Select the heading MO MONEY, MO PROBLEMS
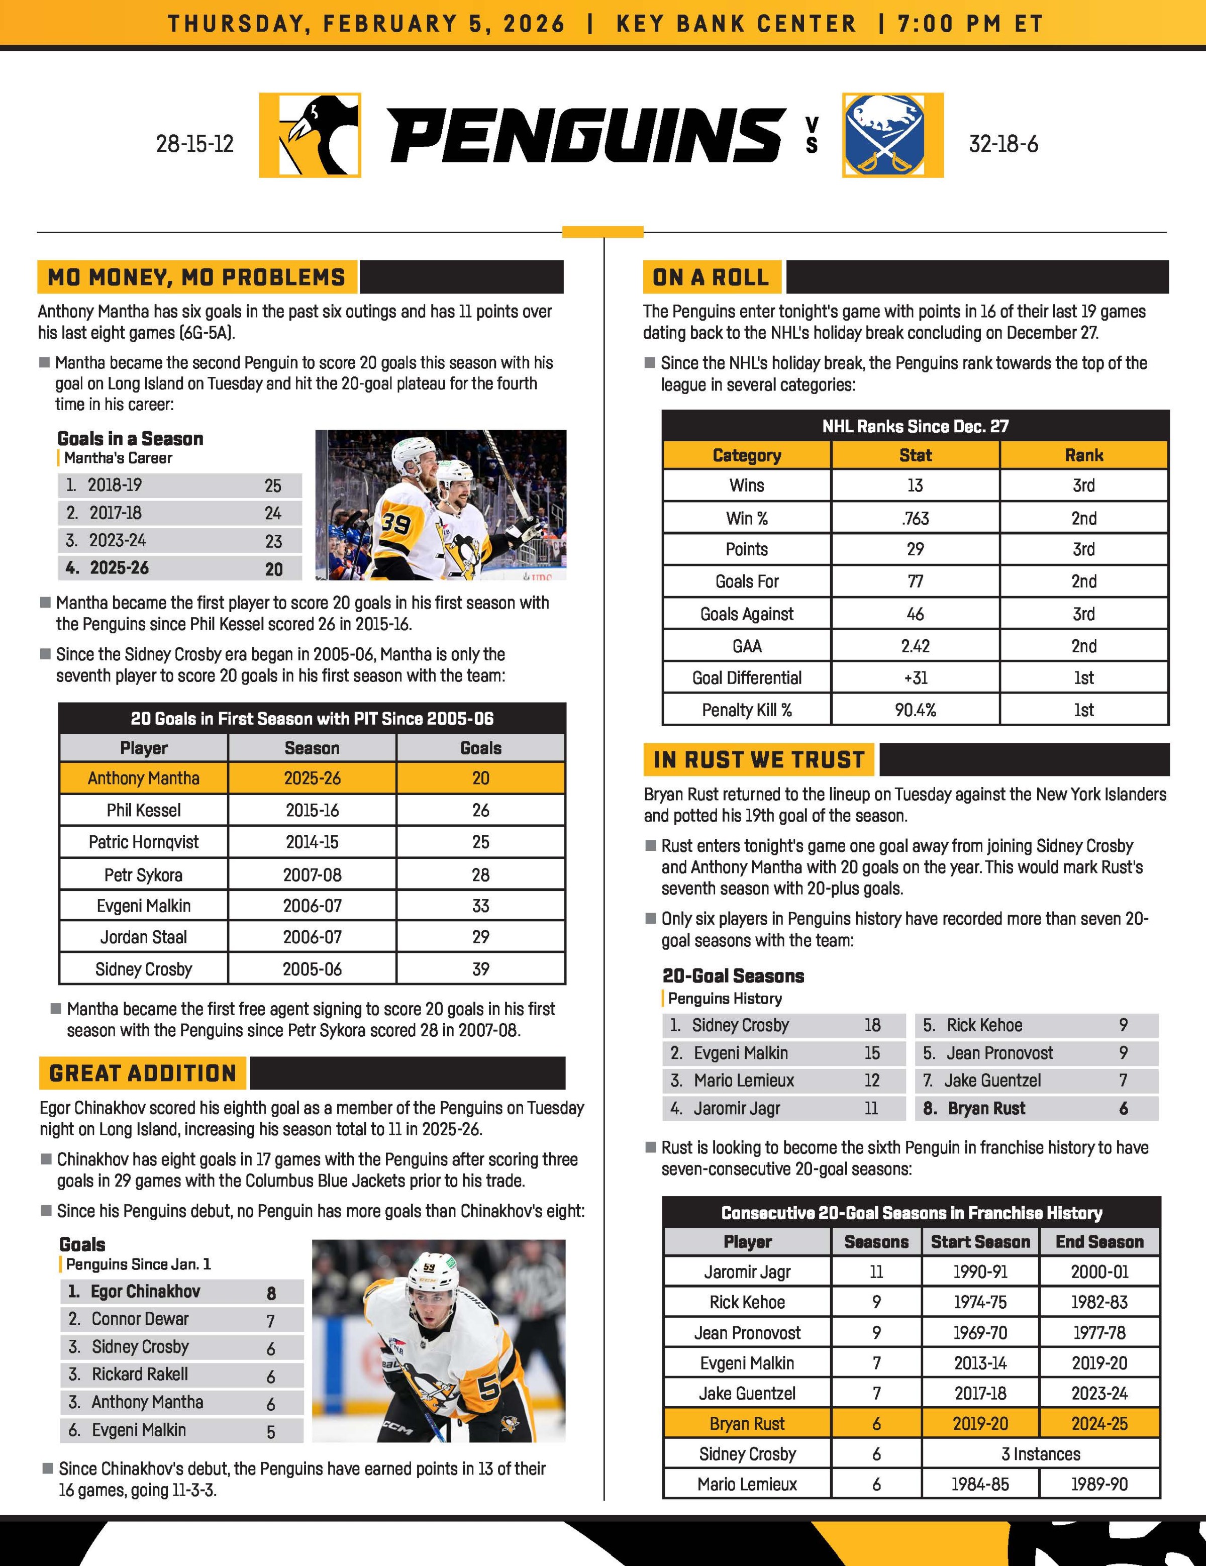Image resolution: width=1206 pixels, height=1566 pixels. [x=196, y=277]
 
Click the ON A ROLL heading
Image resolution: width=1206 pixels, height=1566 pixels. [x=711, y=277]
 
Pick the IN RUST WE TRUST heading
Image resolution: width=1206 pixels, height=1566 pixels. [x=759, y=759]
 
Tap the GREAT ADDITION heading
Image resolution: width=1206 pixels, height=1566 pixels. [x=143, y=1073]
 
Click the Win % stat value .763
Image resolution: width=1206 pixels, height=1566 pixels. [x=915, y=518]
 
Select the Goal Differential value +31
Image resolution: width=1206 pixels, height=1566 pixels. [x=915, y=677]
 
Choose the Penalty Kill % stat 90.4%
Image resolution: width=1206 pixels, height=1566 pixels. [x=915, y=710]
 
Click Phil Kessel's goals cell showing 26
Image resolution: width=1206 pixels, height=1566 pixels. [x=480, y=810]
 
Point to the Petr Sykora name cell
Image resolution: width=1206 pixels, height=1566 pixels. [x=143, y=875]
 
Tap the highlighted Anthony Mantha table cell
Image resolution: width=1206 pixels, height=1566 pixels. [x=143, y=778]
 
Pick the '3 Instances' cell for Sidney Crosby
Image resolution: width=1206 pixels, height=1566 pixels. [x=1040, y=1453]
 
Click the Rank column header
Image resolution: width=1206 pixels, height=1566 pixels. [x=1083, y=455]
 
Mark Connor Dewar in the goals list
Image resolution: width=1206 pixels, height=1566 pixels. [x=140, y=1319]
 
